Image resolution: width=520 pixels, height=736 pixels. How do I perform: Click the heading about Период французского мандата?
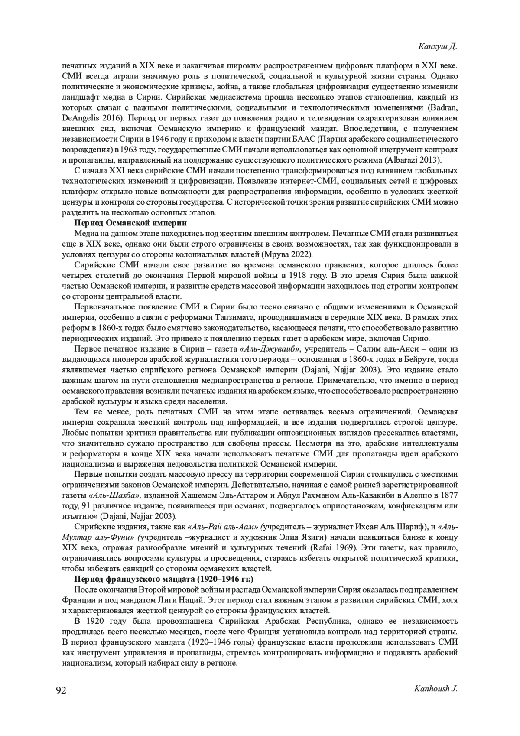click(164, 579)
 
